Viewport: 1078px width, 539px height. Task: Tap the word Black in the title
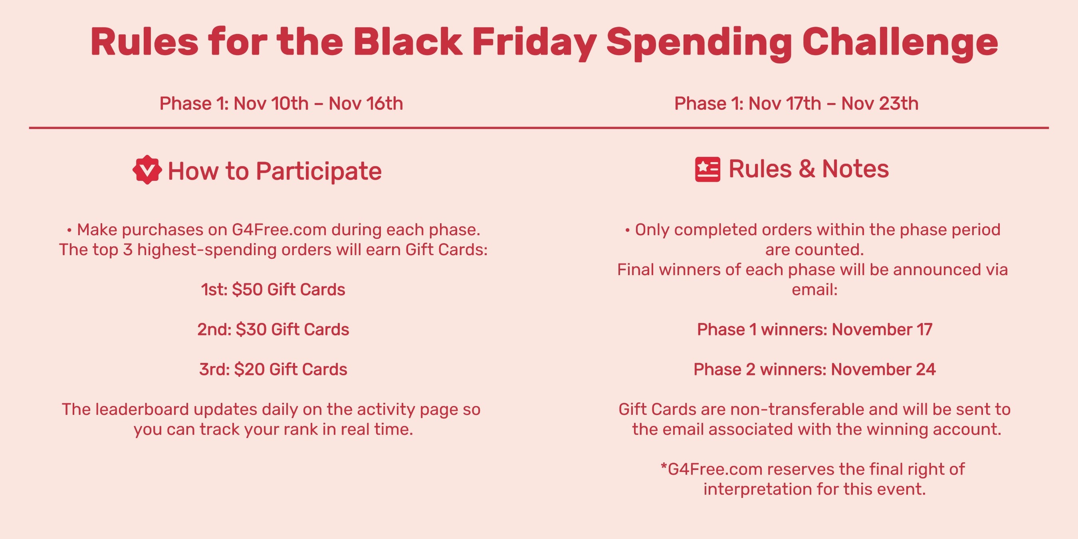tap(408, 42)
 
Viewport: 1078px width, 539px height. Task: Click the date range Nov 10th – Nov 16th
tap(318, 103)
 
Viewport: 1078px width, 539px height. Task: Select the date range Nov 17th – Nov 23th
tap(833, 103)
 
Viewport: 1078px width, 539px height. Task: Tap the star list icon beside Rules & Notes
tap(707, 169)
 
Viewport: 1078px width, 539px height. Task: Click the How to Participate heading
tap(275, 171)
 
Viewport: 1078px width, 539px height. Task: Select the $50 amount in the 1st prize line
tap(247, 289)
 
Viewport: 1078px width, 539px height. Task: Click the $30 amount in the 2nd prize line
tap(251, 329)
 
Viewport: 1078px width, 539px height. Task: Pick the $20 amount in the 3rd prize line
tap(250, 369)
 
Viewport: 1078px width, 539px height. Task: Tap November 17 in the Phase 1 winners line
tap(882, 329)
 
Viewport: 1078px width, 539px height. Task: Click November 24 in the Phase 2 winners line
tap(884, 369)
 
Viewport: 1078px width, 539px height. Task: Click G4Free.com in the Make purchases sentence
tap(279, 230)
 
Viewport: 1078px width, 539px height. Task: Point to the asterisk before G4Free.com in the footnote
tap(664, 466)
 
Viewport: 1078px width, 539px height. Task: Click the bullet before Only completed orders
tap(627, 230)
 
